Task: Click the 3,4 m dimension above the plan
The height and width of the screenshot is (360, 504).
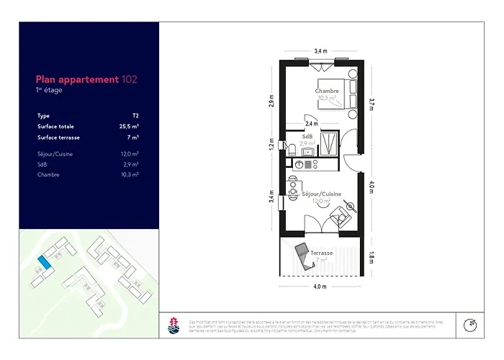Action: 320,51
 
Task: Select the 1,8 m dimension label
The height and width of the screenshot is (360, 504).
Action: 372,255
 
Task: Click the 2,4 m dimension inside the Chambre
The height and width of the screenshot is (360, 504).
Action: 311,124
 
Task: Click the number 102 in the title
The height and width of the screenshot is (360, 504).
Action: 130,80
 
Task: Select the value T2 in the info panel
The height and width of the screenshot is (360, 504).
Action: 135,115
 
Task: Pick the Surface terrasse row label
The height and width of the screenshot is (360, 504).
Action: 59,137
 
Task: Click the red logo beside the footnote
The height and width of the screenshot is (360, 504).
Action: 173,325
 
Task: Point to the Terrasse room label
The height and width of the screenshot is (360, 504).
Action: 322,253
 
